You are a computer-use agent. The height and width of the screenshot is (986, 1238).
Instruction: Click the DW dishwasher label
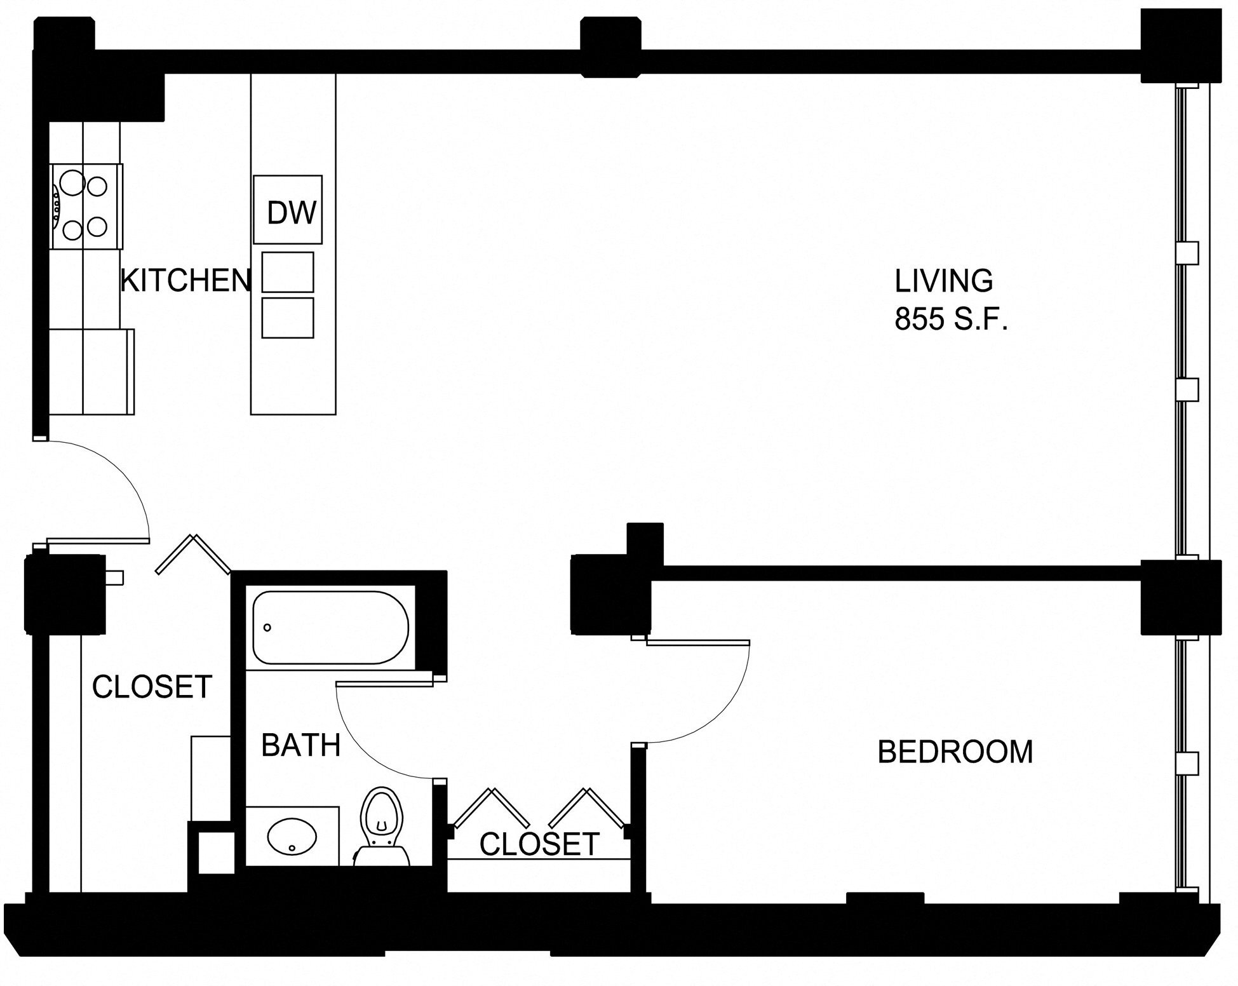coord(291,213)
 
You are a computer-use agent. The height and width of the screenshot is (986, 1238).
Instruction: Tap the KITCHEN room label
coord(185,280)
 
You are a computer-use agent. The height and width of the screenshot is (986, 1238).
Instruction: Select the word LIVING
coord(943,281)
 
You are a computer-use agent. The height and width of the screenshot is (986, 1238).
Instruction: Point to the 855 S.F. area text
coord(952,319)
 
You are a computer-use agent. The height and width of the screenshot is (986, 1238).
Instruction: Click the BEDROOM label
coord(955,752)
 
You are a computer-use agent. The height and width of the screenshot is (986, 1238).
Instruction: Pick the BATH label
coord(301,745)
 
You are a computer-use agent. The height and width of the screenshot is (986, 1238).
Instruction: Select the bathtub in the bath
coord(330,627)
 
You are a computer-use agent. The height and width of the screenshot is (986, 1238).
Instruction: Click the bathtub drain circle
coord(267,628)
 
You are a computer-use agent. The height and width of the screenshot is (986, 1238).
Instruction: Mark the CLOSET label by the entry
coord(152,687)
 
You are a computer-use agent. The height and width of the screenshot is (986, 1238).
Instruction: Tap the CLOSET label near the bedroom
coord(539,844)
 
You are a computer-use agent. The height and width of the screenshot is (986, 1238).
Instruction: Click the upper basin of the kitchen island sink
coord(288,272)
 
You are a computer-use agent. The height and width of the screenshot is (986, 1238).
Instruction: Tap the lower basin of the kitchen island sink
coord(288,318)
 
